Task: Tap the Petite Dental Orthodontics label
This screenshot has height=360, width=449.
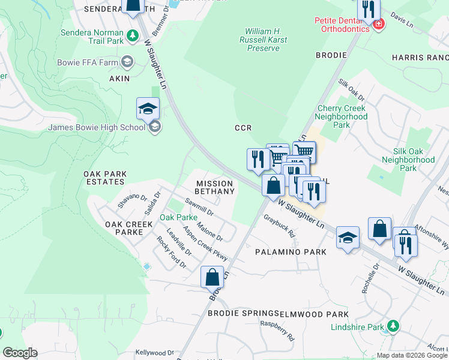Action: pyautogui.click(x=342, y=24)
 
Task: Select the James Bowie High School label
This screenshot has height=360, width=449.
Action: pyautogui.click(x=97, y=127)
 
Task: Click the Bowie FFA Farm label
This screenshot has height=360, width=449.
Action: pyautogui.click(x=88, y=62)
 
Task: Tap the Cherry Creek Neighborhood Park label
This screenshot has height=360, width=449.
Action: pyautogui.click(x=341, y=117)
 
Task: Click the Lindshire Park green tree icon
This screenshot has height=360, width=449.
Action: pyautogui.click(x=393, y=326)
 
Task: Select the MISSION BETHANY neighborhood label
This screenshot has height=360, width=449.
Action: pyautogui.click(x=214, y=187)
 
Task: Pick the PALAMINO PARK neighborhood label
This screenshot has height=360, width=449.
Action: pyautogui.click(x=291, y=252)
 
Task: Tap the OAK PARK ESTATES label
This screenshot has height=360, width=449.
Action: pyautogui.click(x=105, y=178)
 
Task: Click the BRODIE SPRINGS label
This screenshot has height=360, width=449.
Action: pyautogui.click(x=243, y=314)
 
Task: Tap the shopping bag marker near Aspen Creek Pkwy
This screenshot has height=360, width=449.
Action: pyautogui.click(x=212, y=277)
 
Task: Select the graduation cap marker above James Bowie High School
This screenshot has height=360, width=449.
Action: pyautogui.click(x=148, y=108)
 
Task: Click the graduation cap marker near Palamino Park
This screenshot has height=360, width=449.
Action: pyautogui.click(x=348, y=238)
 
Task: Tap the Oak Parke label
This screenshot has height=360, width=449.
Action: pyautogui.click(x=178, y=217)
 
